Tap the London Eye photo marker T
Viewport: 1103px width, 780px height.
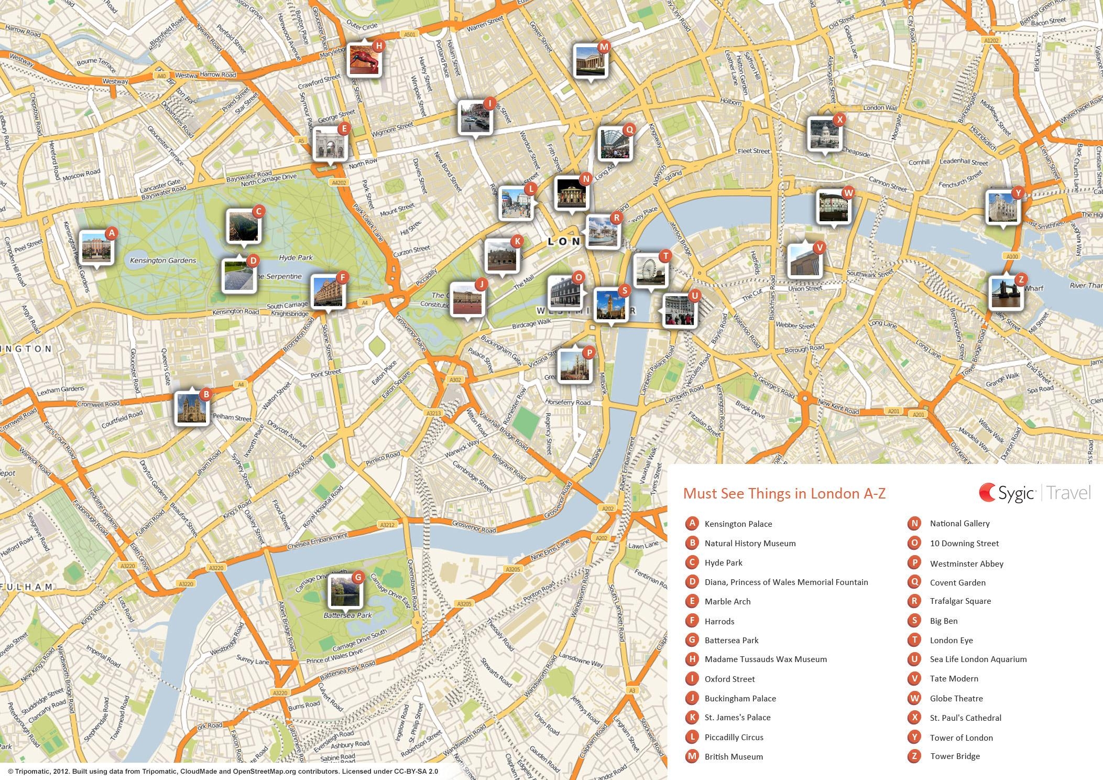(x=650, y=270)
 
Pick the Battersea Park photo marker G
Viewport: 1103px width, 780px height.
(x=345, y=591)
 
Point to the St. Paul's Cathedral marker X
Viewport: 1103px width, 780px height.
(x=824, y=134)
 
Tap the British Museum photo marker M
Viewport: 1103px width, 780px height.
(x=590, y=61)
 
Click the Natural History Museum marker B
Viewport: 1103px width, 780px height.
(x=191, y=408)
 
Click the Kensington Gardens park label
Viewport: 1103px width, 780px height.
(x=163, y=261)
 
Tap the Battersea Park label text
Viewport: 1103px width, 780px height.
(x=347, y=615)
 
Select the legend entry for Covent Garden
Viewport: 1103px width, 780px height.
(x=957, y=582)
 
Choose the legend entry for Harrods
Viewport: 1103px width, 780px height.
(x=719, y=621)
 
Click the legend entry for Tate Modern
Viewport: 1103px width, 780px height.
(x=954, y=678)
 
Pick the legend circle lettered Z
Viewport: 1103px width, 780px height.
(x=914, y=756)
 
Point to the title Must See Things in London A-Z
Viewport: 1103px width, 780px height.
(x=784, y=494)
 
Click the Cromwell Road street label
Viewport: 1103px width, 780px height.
(x=98, y=404)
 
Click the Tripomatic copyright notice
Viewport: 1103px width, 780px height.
(x=223, y=771)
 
